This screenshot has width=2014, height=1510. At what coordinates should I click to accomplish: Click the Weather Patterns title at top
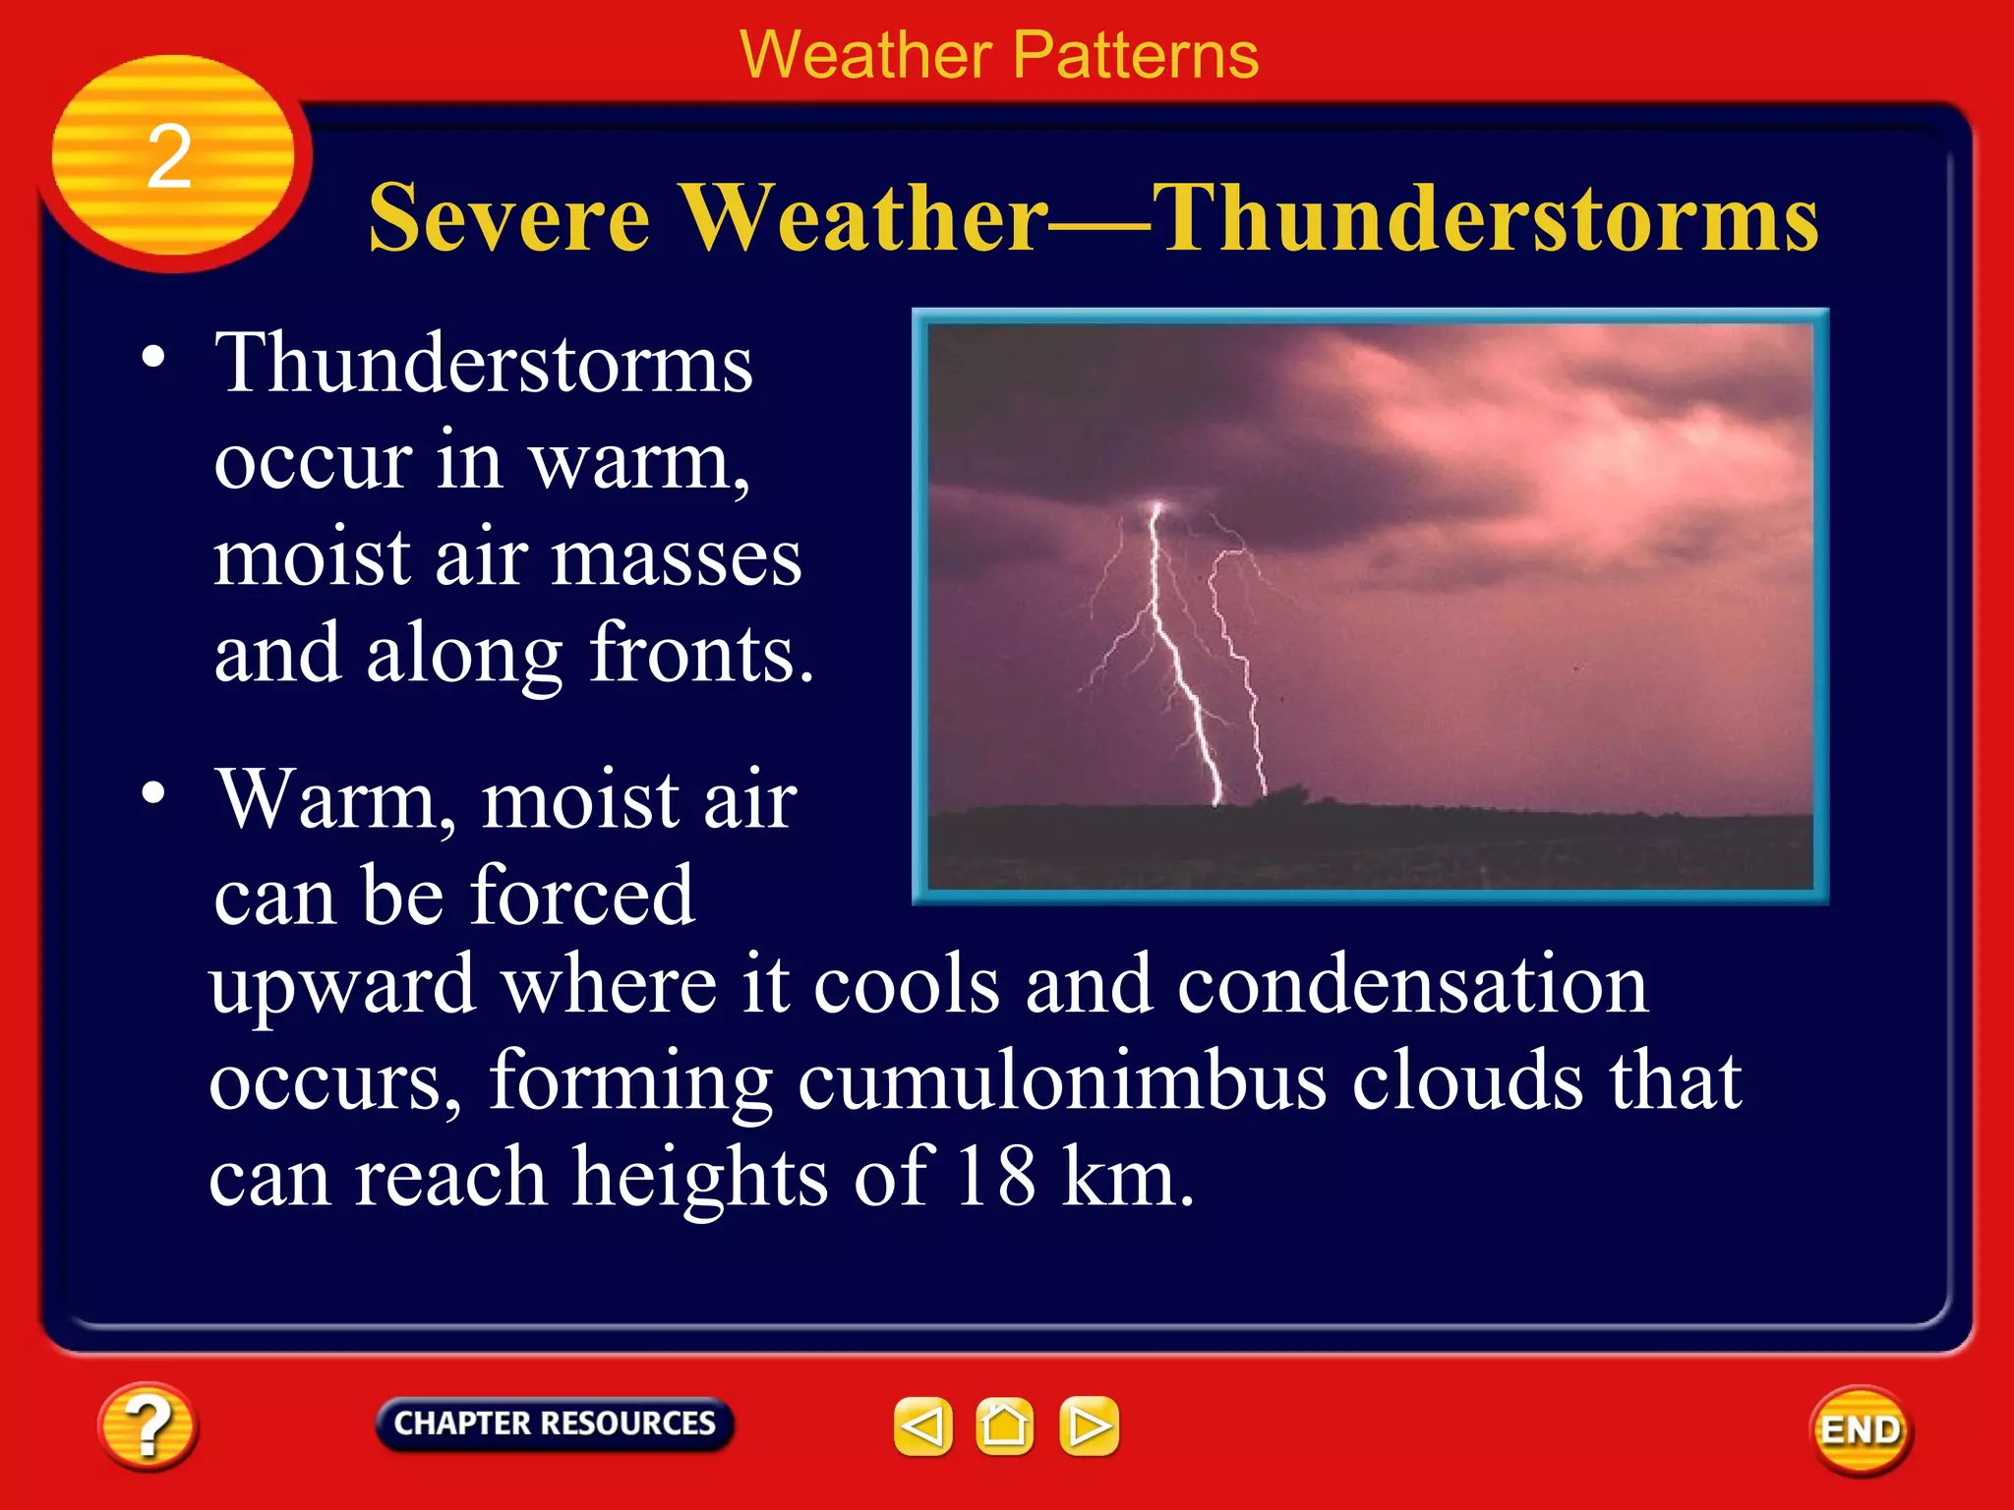pyautogui.click(x=998, y=55)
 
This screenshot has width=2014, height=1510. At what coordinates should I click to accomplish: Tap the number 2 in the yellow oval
pyautogui.click(x=169, y=157)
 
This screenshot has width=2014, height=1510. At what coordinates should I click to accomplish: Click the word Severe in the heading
pyautogui.click(x=508, y=218)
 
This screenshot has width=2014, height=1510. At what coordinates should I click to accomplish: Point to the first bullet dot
pyautogui.click(x=152, y=357)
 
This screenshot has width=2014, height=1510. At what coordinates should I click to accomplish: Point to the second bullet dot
pyautogui.click(x=152, y=791)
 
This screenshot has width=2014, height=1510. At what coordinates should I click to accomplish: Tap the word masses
pyautogui.click(x=676, y=558)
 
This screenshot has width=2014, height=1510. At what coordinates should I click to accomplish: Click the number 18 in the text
pyautogui.click(x=995, y=1177)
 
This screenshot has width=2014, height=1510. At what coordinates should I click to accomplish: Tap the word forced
pyautogui.click(x=582, y=896)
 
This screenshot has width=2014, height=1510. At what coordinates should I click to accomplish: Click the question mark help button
pyautogui.click(x=148, y=1426)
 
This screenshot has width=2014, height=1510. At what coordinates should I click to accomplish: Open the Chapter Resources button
pyautogui.click(x=555, y=1423)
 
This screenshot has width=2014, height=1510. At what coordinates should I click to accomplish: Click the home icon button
pyautogui.click(x=1004, y=1425)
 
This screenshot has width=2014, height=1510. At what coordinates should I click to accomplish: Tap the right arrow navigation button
pyautogui.click(x=1089, y=1425)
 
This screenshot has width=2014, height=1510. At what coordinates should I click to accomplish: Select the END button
pyautogui.click(x=1860, y=1430)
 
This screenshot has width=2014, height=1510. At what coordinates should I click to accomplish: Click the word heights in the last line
pyautogui.click(x=700, y=1177)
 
